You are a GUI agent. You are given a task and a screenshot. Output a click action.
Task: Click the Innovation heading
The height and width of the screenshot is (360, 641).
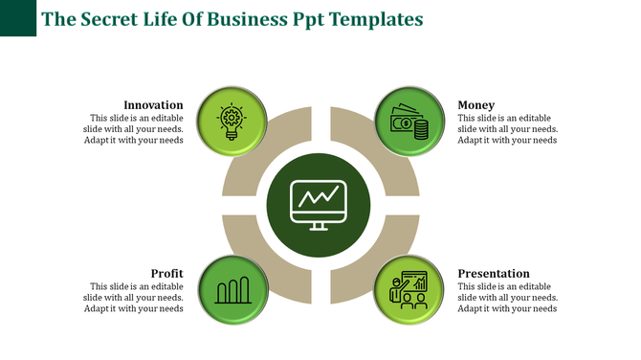click(153, 104)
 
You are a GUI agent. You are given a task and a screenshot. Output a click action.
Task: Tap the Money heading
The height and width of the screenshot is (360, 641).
click(475, 104)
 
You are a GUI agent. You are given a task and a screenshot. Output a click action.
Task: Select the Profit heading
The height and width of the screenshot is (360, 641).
click(166, 273)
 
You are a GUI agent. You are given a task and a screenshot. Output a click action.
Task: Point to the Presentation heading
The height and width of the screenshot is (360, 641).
click(493, 273)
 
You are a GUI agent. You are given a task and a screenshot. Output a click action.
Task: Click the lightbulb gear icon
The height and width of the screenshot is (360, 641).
click(232, 122)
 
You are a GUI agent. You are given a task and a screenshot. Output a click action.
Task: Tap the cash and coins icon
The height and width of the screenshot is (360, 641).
click(409, 123)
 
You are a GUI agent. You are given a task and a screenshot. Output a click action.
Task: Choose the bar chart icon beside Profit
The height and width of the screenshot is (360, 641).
click(232, 289)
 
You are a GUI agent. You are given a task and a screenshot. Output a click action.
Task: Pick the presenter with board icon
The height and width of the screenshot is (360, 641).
click(409, 289)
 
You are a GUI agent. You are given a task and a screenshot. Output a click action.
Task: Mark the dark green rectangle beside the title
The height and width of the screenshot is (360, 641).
click(18, 18)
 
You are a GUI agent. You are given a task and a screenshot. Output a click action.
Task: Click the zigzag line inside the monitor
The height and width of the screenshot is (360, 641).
click(320, 197)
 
